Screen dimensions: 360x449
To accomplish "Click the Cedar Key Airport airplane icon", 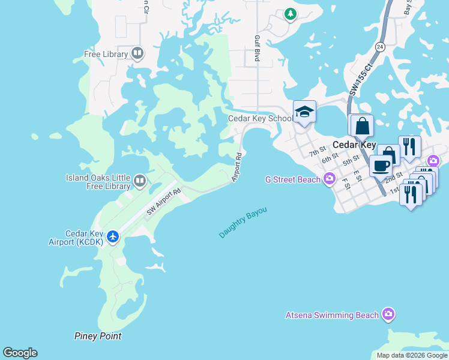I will (113, 237).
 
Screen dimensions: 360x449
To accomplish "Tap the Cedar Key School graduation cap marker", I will (304, 112).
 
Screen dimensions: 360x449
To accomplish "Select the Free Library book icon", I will (137, 54).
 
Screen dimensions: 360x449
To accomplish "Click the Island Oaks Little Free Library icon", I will (139, 180).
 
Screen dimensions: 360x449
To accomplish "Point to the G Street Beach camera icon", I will (329, 179).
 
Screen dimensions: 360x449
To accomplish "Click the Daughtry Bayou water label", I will (243, 223).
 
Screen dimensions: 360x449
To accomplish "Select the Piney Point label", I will (98, 336).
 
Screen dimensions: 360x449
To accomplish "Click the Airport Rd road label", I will (238, 167).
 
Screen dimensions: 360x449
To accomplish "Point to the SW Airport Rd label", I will (164, 203).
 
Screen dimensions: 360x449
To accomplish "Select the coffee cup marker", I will (380, 166).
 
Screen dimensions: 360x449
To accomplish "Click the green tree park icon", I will (291, 13).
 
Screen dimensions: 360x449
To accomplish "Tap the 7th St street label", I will (318, 151).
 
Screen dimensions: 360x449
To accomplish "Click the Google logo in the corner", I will (20, 353).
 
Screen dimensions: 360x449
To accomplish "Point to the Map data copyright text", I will (412, 355).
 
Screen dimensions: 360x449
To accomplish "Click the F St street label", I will (347, 185).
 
